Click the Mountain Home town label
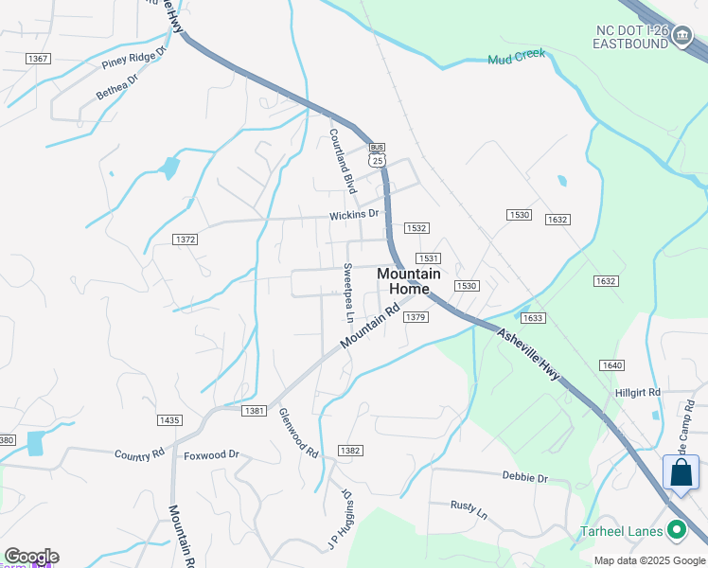409,281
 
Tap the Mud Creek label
517,58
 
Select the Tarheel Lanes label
621,531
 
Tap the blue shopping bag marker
681,472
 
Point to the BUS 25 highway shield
378,155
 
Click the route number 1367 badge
38,59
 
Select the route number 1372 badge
186,240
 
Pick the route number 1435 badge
169,419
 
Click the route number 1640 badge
611,364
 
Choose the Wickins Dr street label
354,215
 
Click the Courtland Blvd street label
342,160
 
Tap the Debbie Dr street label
525,478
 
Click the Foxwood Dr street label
211,454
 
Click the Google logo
31,557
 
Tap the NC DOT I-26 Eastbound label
632,37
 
